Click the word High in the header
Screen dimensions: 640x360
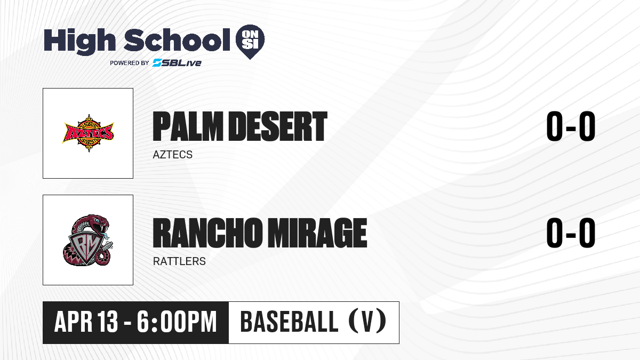coord(79,41)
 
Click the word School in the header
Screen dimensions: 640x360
coord(177,39)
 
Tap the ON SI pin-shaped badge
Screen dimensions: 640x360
coord(250,42)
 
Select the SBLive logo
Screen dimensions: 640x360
coord(177,63)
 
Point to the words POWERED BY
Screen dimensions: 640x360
coord(129,63)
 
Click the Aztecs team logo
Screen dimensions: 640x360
coord(89,133)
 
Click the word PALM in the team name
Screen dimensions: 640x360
coord(188,126)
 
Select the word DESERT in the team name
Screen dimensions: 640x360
coord(278,126)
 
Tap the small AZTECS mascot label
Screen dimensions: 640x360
coord(173,155)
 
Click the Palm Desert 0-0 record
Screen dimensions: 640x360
coord(571,126)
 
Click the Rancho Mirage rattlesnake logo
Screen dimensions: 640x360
coord(88,240)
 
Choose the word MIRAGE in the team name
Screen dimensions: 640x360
coord(317,233)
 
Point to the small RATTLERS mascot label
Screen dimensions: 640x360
coord(179,261)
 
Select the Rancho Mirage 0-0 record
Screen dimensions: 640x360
coord(571,233)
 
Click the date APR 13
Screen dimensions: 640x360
coord(86,322)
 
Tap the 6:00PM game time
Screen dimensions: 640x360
coord(177,322)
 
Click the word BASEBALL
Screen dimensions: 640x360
coord(290,322)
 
